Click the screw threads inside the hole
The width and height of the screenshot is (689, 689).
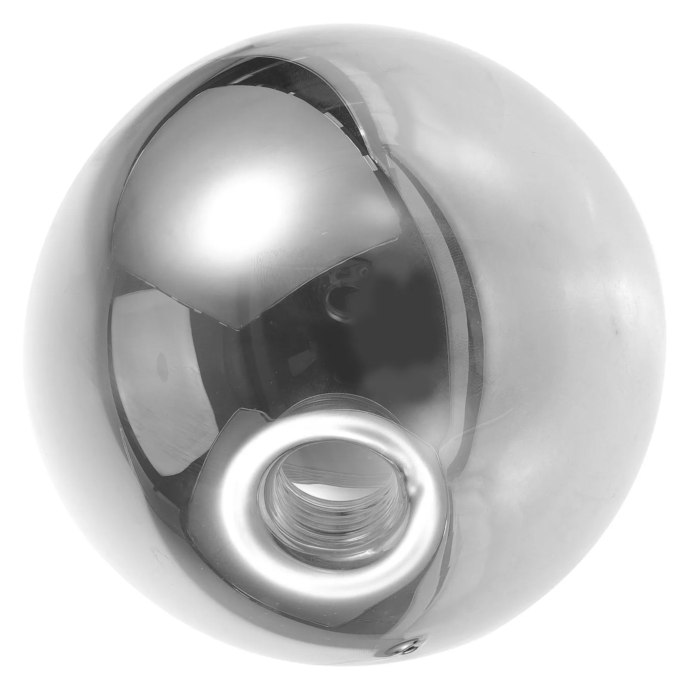[297, 504]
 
